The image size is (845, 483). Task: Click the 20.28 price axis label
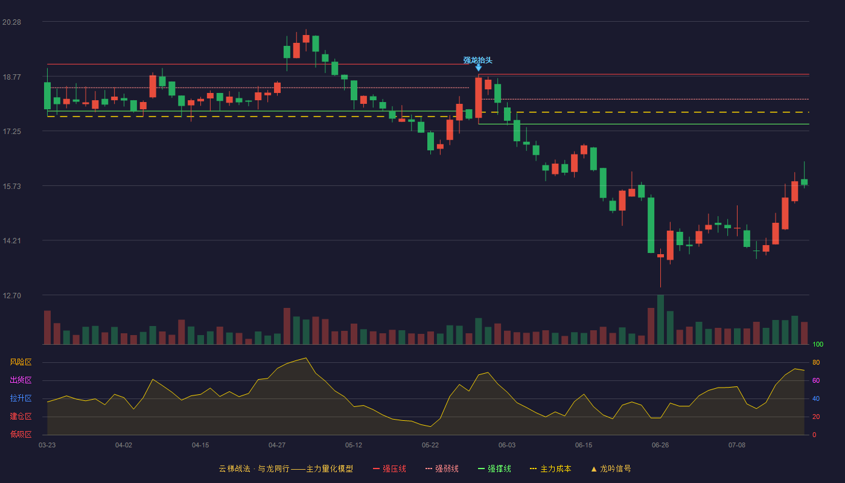pyautogui.click(x=11, y=22)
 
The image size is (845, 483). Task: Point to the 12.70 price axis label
pyautogui.click(x=11, y=295)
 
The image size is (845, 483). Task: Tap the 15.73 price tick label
pyautogui.click(x=11, y=187)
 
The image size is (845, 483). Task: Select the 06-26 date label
pyautogui.click(x=660, y=446)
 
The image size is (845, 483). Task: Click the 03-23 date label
pyautogui.click(x=47, y=446)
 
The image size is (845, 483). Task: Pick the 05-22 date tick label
pyautogui.click(x=430, y=446)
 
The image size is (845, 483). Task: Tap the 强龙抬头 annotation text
pyautogui.click(x=477, y=60)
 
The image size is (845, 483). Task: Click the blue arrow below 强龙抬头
pyautogui.click(x=478, y=68)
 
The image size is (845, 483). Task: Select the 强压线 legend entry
pyautogui.click(x=389, y=469)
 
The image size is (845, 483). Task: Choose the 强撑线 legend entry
pyautogui.click(x=494, y=469)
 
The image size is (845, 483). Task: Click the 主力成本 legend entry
pyautogui.click(x=550, y=469)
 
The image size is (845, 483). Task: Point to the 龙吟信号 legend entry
pyautogui.click(x=611, y=469)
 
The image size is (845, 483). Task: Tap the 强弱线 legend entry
pyautogui.click(x=442, y=469)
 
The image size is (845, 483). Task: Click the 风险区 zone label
pyautogui.click(x=21, y=362)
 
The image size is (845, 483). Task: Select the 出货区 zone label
pyautogui.click(x=21, y=380)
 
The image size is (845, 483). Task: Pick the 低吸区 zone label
pyautogui.click(x=21, y=434)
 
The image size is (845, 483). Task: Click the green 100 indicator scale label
pyautogui.click(x=818, y=344)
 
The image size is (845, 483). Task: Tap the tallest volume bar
pyautogui.click(x=660, y=319)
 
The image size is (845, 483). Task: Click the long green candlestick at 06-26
pyautogui.click(x=651, y=225)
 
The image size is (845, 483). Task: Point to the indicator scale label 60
pyautogui.click(x=816, y=380)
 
